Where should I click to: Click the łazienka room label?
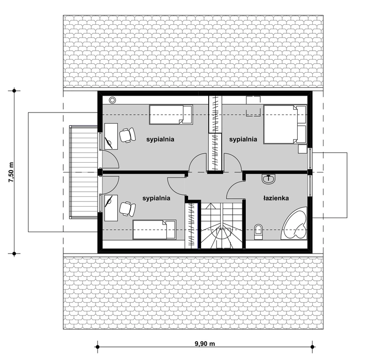[276, 198]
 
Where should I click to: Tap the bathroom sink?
[268, 179]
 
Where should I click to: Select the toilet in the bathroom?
[258, 232]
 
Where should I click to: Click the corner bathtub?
[294, 223]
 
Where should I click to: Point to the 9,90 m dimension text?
[205, 344]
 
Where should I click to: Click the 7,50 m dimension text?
[11, 172]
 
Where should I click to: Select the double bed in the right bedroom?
[285, 124]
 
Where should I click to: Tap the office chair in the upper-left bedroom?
[128, 135]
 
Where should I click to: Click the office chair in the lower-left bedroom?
[128, 209]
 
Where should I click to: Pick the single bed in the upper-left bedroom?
[171, 114]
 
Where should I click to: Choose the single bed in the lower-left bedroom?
[154, 230]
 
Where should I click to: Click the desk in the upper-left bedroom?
[111, 136]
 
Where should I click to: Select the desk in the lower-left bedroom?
[111, 208]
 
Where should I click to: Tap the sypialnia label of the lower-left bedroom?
[156, 198]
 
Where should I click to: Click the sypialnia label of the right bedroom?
[243, 139]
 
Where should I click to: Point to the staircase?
[221, 225]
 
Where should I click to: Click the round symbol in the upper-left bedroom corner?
[113, 100]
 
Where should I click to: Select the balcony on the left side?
[83, 172]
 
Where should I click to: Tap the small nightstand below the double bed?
[302, 149]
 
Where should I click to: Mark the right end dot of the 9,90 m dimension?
[313, 347]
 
